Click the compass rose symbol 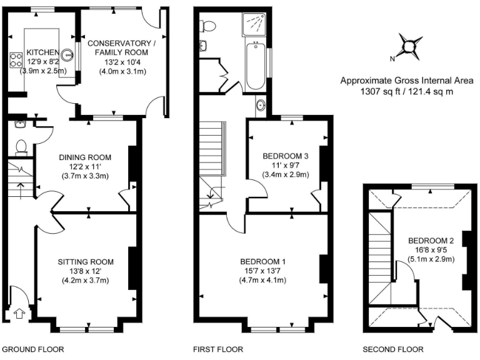click(x=409, y=46)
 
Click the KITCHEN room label click(x=42, y=52)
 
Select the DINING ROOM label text click(x=85, y=157)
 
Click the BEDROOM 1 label click(x=266, y=261)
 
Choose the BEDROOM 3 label click(x=286, y=156)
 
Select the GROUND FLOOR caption click(x=34, y=349)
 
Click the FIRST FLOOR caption click(x=218, y=349)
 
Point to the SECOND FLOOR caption click(x=393, y=349)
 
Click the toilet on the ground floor click(x=21, y=146)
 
